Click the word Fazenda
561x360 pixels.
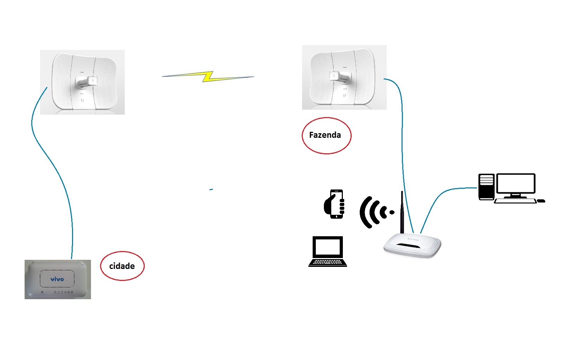[325, 135]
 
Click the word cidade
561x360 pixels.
[122, 266]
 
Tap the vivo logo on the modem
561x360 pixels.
[57, 279]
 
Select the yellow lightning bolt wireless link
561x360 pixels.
[208, 76]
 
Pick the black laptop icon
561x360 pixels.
[327, 251]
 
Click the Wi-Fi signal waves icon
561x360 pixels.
[374, 212]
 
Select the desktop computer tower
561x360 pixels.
[486, 187]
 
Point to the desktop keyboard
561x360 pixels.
[515, 201]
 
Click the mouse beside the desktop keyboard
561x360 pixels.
[541, 201]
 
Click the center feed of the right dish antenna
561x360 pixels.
[339, 76]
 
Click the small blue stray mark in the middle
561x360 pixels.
[211, 189]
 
